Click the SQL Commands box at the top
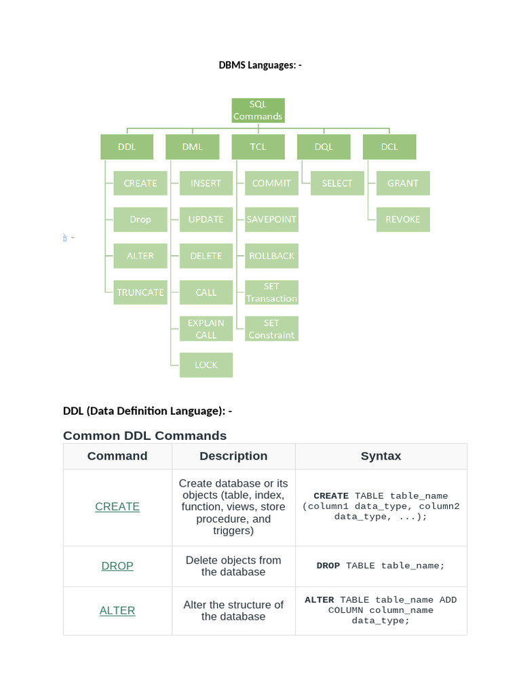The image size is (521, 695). pyautogui.click(x=258, y=111)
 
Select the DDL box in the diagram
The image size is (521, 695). pyautogui.click(x=127, y=147)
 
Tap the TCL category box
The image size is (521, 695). pyautogui.click(x=258, y=147)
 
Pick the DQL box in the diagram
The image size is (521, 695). pyautogui.click(x=324, y=147)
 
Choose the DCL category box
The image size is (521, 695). pyautogui.click(x=389, y=147)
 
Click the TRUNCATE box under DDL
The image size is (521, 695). pyautogui.click(x=140, y=293)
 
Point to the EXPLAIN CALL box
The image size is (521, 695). pyautogui.click(x=206, y=328)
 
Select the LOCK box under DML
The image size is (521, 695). pyautogui.click(x=206, y=365)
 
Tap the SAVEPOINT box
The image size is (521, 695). pyautogui.click(x=271, y=219)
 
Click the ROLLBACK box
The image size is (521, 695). pyautogui.click(x=271, y=256)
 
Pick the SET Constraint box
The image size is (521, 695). pyautogui.click(x=271, y=328)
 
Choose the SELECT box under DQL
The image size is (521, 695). pyautogui.click(x=337, y=183)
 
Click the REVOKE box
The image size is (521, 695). pyautogui.click(x=403, y=219)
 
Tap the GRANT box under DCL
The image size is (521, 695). pyautogui.click(x=403, y=183)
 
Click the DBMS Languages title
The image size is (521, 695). pyautogui.click(x=260, y=65)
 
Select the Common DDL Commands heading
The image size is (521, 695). pyautogui.click(x=144, y=435)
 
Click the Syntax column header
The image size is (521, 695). pyautogui.click(x=381, y=456)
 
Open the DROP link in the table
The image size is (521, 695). pyautogui.click(x=117, y=566)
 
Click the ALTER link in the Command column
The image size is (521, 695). pyautogui.click(x=117, y=611)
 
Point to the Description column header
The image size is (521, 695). pyautogui.click(x=233, y=456)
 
